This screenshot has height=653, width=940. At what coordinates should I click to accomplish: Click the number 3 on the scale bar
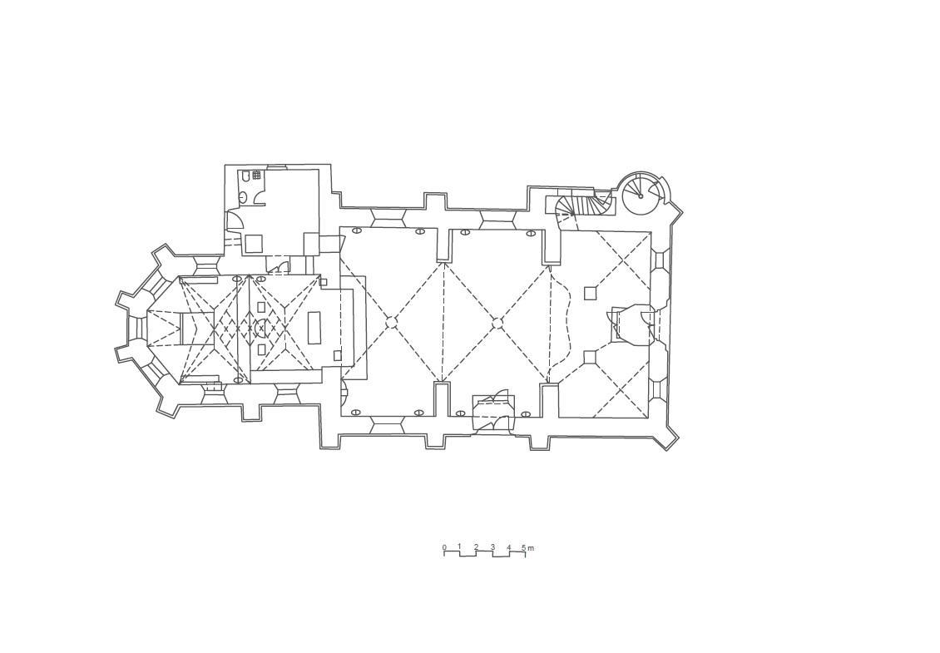tap(492, 547)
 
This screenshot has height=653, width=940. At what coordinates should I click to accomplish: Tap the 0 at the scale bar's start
tap(444, 547)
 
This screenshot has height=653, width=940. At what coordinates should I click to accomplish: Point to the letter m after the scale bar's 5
tap(531, 547)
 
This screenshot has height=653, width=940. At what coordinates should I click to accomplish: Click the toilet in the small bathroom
tap(245, 176)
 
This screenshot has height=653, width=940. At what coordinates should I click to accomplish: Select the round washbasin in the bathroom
tap(243, 196)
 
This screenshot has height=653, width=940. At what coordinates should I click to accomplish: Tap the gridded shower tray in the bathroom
tap(256, 175)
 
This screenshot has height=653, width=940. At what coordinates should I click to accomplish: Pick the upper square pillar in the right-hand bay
tap(591, 293)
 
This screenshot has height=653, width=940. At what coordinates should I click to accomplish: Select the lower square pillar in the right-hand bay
tap(590, 357)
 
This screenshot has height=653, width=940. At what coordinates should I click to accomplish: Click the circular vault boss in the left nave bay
tap(391, 323)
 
